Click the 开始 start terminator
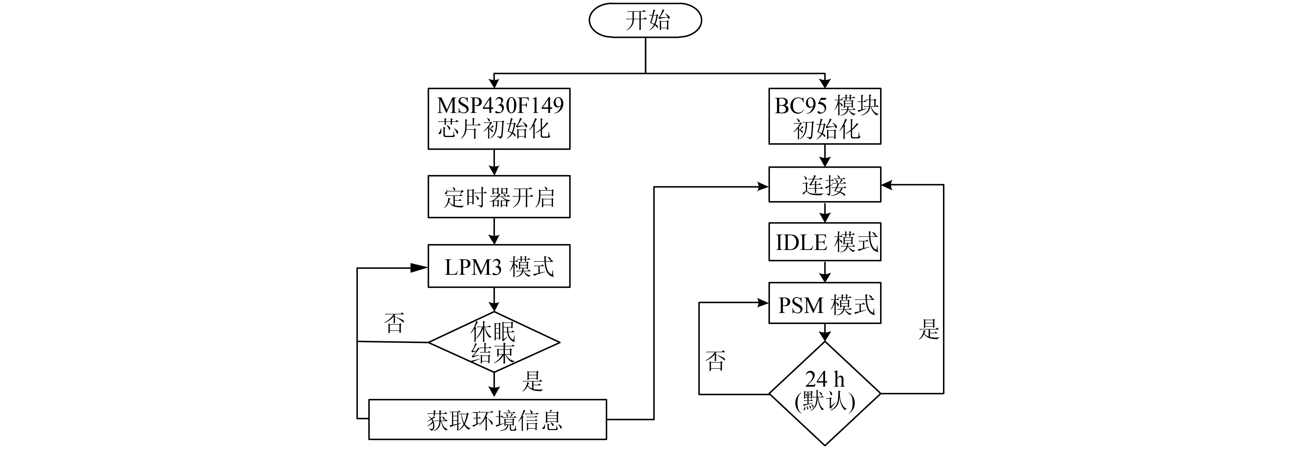click(645, 20)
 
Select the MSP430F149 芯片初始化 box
click(499, 119)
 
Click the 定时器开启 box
click(499, 197)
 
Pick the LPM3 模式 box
click(499, 266)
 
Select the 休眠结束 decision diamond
click(494, 343)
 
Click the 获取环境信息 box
click(487, 420)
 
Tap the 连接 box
click(825, 185)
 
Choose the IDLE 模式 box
click(825, 242)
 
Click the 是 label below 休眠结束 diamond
click(532, 381)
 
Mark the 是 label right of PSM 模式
click(928, 329)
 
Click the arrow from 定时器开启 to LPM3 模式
click(494, 231)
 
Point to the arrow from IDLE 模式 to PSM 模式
click(825, 272)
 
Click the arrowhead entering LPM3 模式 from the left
click(419, 268)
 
